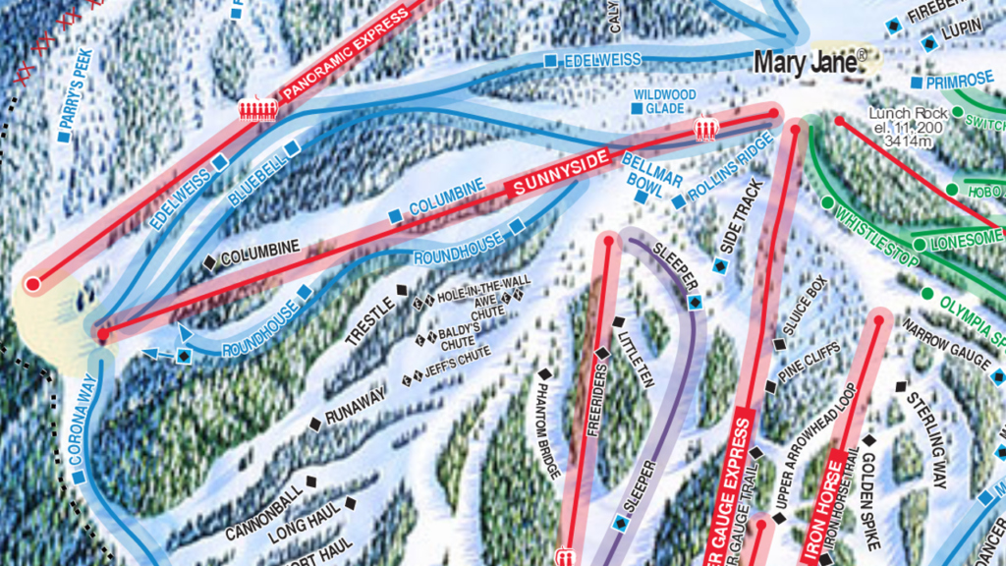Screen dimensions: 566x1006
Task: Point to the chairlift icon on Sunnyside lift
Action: (x=706, y=130)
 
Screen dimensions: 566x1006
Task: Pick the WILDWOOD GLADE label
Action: (x=664, y=101)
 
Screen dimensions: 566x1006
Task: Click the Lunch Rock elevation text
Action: (x=904, y=127)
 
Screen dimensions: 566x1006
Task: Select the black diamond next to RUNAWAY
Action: (x=315, y=424)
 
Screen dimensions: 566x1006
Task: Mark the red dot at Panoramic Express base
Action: (x=32, y=284)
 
